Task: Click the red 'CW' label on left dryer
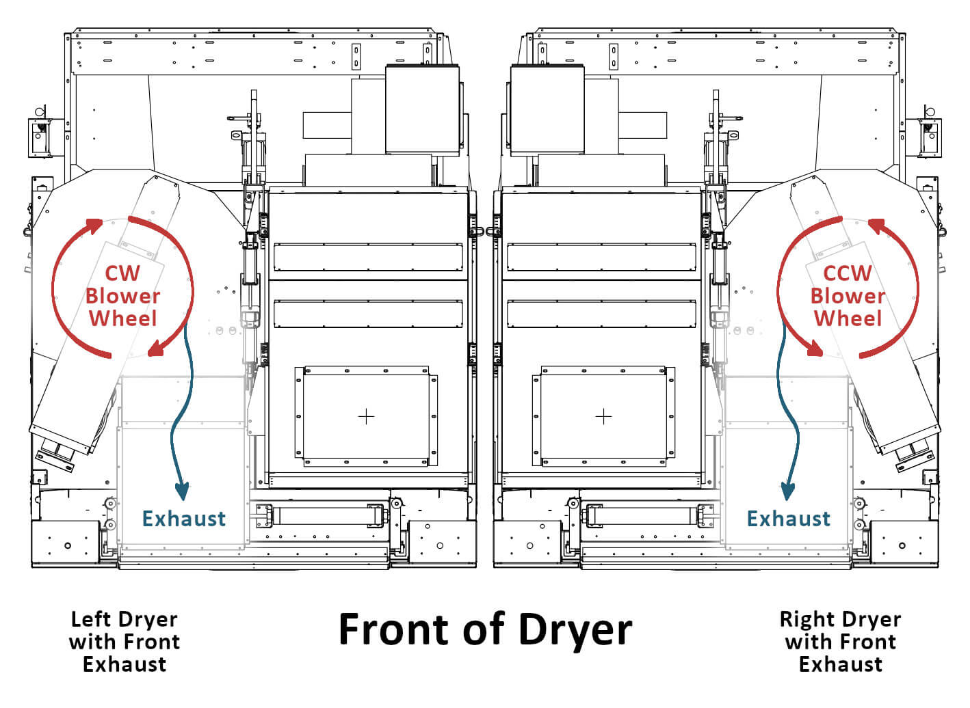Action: pyautogui.click(x=122, y=273)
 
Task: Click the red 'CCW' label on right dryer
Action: pyautogui.click(x=847, y=273)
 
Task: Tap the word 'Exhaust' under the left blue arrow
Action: pyautogui.click(x=183, y=519)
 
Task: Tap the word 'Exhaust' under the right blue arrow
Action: pyautogui.click(x=788, y=519)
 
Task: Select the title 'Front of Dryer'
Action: pyautogui.click(x=485, y=629)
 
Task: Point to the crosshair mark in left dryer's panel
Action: pyautogui.click(x=366, y=416)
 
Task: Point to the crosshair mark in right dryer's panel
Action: pyautogui.click(x=603, y=416)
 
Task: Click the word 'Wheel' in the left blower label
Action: pyautogui.click(x=122, y=318)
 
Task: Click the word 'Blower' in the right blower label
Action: pyautogui.click(x=847, y=296)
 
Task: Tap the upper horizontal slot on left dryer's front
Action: pyautogui.click(x=368, y=257)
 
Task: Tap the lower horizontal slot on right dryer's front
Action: pyautogui.click(x=601, y=314)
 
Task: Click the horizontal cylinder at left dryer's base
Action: pyautogui.click(x=320, y=515)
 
